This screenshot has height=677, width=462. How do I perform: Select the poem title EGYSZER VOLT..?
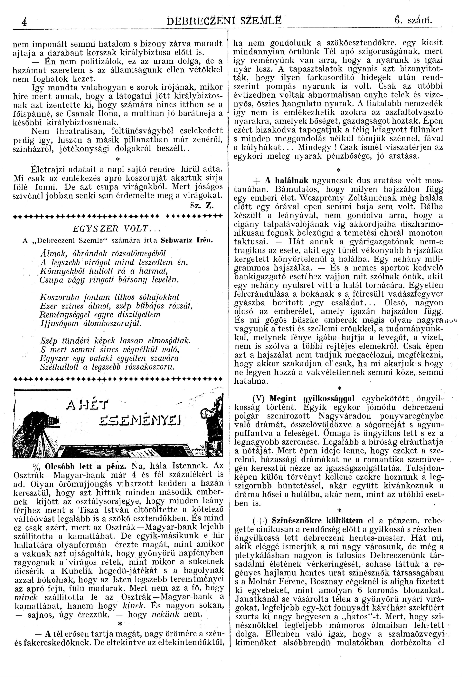(111, 229)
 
